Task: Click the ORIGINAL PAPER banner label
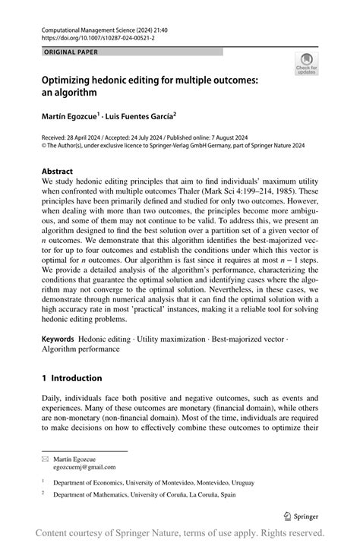[x=66, y=52]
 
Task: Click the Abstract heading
[x=58, y=172]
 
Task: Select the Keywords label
[x=58, y=337]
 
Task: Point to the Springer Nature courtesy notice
[x=180, y=532]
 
